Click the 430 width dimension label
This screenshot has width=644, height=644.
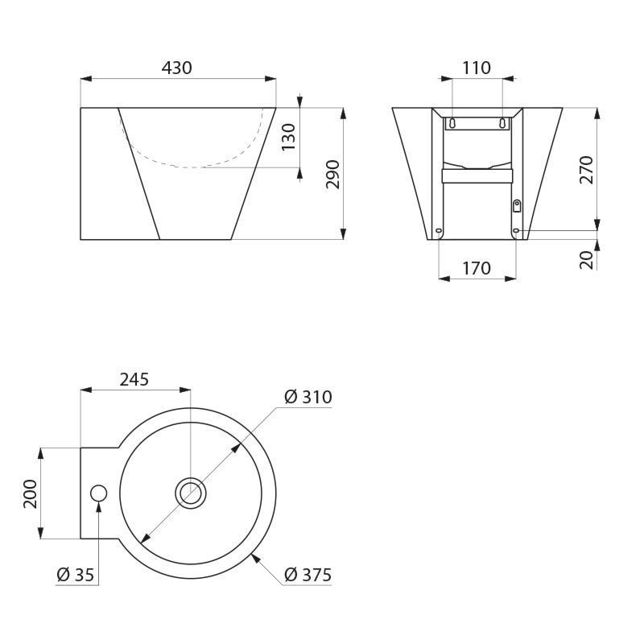click(176, 68)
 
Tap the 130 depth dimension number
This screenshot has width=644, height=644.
click(289, 137)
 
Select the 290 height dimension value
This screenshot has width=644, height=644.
click(332, 174)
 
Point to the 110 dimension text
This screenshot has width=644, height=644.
click(477, 68)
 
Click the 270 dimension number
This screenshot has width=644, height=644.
click(587, 170)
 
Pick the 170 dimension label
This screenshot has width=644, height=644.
click(477, 268)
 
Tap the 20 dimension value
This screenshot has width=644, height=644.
click(587, 259)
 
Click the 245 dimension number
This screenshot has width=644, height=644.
click(134, 379)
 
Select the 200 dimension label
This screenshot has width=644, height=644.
click(30, 493)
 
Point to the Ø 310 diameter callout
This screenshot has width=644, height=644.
click(308, 397)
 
